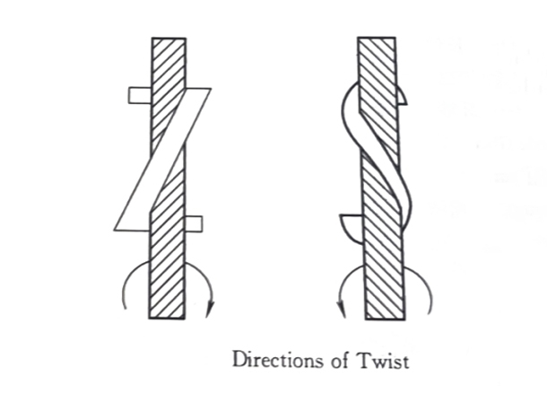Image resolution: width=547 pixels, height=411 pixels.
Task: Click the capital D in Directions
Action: coord(239,362)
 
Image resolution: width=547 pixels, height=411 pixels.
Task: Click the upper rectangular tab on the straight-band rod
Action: coord(140,95)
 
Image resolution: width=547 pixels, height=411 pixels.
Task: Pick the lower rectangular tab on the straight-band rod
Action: coord(194,223)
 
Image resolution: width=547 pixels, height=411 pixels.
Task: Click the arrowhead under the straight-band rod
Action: coord(210,310)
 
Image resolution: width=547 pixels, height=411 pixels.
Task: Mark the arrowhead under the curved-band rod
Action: coord(342,310)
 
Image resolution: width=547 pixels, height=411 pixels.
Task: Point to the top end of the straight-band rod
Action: coord(169,41)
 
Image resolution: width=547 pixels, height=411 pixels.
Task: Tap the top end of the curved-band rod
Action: coord(376,41)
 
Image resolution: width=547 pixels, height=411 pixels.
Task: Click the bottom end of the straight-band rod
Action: coord(168,315)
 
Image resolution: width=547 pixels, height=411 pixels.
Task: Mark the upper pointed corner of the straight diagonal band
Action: coord(210,89)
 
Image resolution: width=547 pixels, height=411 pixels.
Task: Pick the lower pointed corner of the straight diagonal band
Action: coord(116,229)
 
